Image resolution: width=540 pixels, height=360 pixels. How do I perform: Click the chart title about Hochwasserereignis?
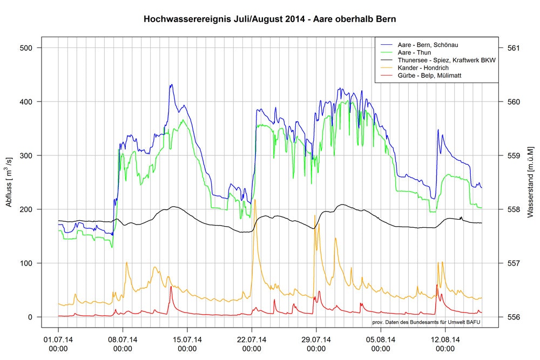[269, 19]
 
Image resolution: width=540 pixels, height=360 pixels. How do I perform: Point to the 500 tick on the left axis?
[26, 48]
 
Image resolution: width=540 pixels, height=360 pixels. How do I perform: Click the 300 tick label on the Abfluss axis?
[26, 155]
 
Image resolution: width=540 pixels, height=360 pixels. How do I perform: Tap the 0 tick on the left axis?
[31, 317]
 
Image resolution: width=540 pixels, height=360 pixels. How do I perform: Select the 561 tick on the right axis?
[514, 48]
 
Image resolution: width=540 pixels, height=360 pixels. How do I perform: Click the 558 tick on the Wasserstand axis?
[514, 209]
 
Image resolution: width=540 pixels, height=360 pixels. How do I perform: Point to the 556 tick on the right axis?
[514, 317]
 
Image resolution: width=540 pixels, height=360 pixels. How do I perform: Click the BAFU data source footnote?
[426, 322]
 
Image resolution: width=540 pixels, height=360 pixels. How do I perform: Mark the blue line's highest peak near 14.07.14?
[171, 85]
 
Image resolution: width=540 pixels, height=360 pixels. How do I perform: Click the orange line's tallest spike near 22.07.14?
[255, 200]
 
